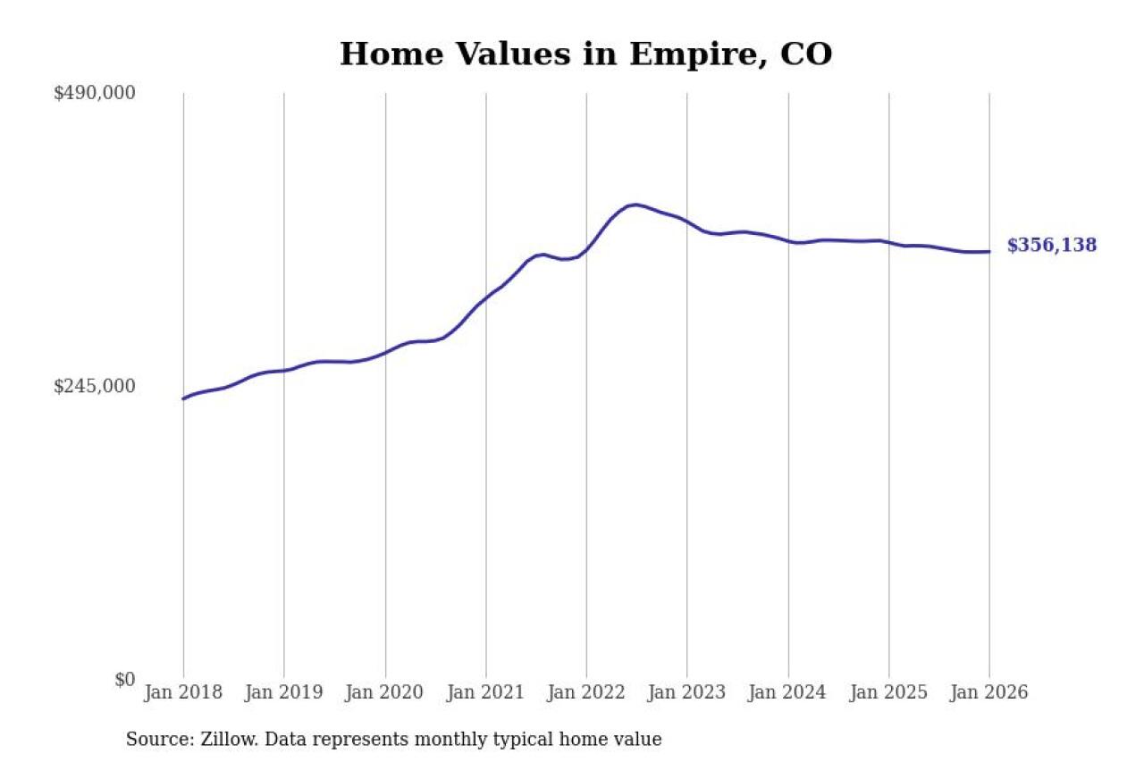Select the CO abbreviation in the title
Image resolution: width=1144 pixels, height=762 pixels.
tap(806, 54)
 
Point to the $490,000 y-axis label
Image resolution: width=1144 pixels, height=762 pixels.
tap(95, 93)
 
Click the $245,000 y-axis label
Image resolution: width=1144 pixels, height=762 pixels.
tap(95, 386)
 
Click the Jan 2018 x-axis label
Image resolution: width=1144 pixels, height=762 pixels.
tap(183, 693)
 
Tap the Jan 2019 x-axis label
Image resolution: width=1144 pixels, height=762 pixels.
tap(284, 693)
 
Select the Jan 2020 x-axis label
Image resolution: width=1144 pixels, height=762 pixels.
tap(385, 693)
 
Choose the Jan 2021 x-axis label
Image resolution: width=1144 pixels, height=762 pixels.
tap(486, 693)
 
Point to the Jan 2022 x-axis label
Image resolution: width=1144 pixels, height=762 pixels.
tap(586, 693)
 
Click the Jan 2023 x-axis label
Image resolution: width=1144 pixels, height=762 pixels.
tap(687, 693)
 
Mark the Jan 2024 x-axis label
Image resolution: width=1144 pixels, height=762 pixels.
tap(788, 693)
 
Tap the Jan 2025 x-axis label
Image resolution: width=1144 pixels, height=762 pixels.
tap(889, 693)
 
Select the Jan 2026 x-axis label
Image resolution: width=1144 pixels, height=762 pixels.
tap(989, 693)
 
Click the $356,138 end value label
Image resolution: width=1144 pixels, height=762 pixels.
tap(1052, 246)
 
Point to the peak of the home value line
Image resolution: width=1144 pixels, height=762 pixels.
tap(634, 205)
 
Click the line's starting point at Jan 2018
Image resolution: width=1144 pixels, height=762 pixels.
tap(183, 398)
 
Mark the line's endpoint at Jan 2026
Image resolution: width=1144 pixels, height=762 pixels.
tap(989, 251)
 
